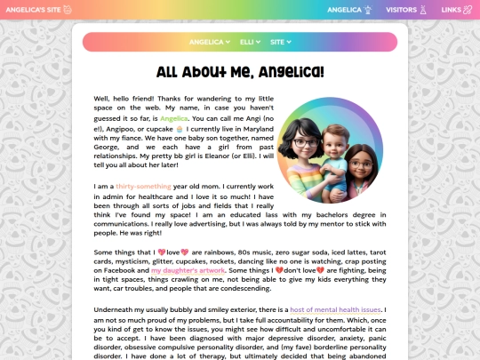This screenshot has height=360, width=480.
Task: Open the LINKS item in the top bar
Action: (x=451, y=10)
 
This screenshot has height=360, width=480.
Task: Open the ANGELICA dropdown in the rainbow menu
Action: (x=210, y=42)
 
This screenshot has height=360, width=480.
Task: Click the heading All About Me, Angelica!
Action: (x=240, y=72)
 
